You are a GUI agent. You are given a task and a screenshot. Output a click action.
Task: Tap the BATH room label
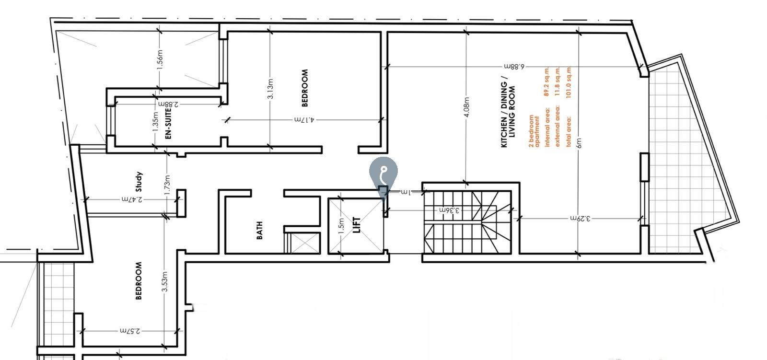coord(259,230)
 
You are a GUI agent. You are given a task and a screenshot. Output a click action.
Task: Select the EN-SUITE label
coord(168,124)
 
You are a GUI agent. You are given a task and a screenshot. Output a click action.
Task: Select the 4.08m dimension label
coord(467,110)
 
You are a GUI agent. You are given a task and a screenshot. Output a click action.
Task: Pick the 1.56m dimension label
coord(161,58)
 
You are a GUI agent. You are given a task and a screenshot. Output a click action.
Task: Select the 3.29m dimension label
coord(580,218)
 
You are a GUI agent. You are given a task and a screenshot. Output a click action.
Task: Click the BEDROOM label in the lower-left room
coord(139,280)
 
